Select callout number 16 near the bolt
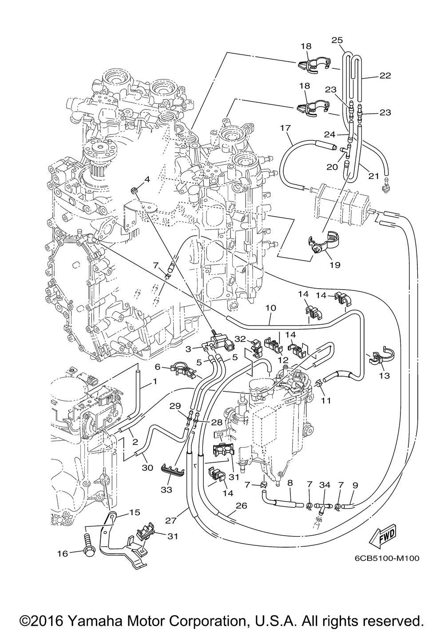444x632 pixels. click(63, 554)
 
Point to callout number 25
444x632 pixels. click(337, 40)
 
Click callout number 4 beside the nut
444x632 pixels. click(147, 179)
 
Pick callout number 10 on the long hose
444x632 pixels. click(270, 307)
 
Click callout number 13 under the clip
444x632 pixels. click(385, 376)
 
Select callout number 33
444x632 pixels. click(166, 489)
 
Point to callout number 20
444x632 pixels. click(332, 167)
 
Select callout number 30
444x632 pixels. click(147, 468)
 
